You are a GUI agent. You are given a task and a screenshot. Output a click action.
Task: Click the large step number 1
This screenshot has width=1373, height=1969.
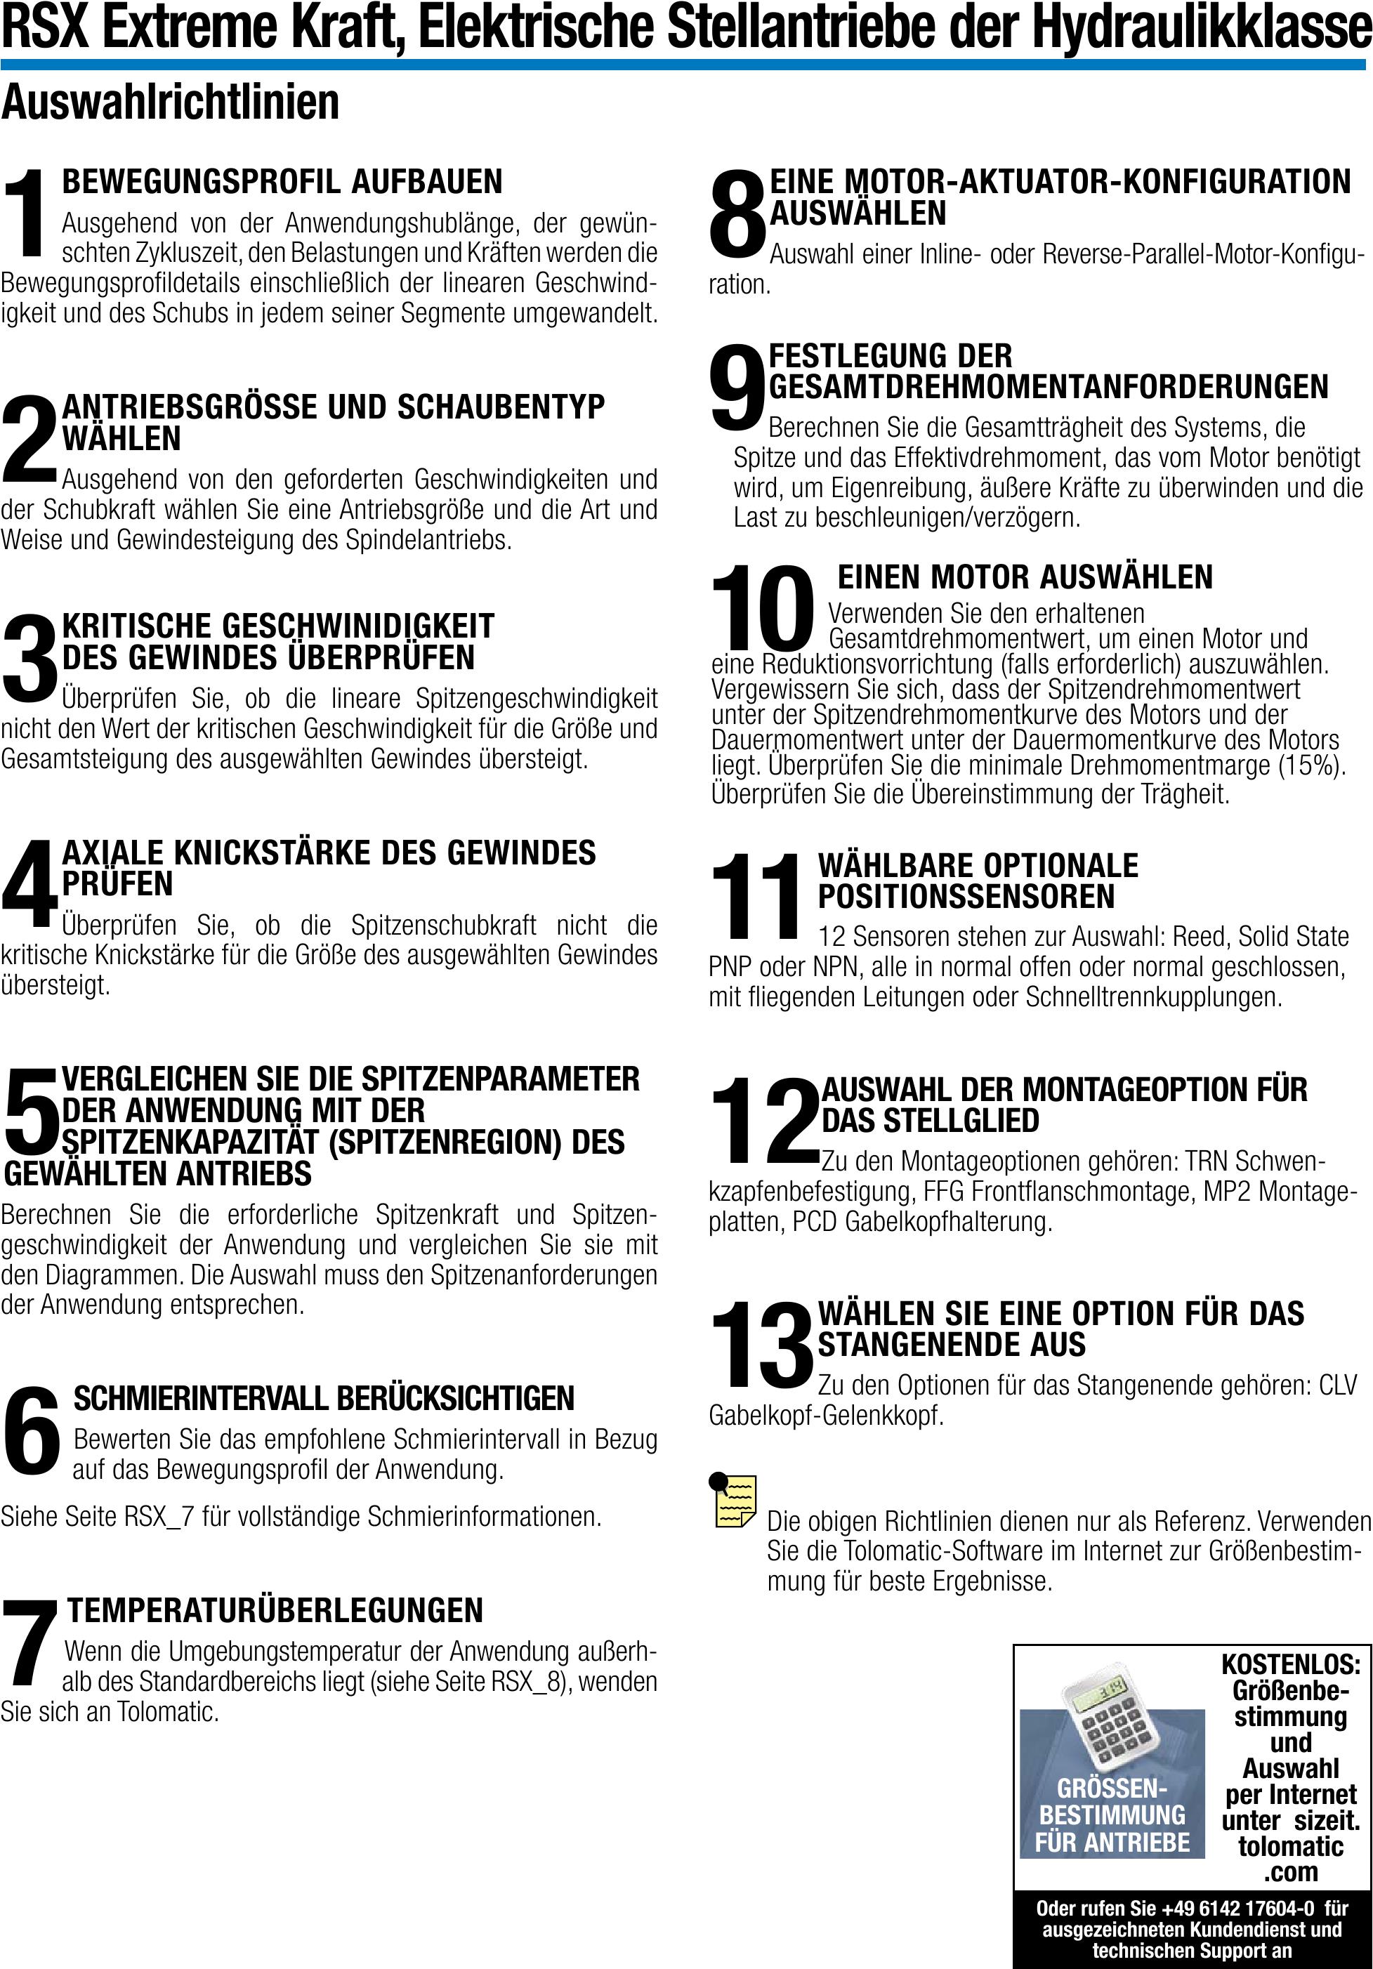click(x=27, y=213)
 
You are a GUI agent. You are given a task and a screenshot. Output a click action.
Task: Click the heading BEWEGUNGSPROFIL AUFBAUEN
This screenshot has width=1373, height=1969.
click(x=282, y=182)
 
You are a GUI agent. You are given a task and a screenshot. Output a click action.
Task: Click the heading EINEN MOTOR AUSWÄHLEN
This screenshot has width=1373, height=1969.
click(x=1025, y=577)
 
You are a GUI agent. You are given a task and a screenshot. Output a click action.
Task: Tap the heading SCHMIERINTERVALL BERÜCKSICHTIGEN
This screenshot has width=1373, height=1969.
click(x=323, y=1398)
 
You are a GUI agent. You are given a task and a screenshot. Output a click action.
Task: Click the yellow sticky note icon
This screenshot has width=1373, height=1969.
click(x=734, y=1500)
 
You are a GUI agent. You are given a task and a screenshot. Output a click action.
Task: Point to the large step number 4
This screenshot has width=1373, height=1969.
click(x=29, y=883)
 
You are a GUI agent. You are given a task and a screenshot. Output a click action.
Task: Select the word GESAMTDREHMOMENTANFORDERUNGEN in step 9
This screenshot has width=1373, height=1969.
click(x=1048, y=387)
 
